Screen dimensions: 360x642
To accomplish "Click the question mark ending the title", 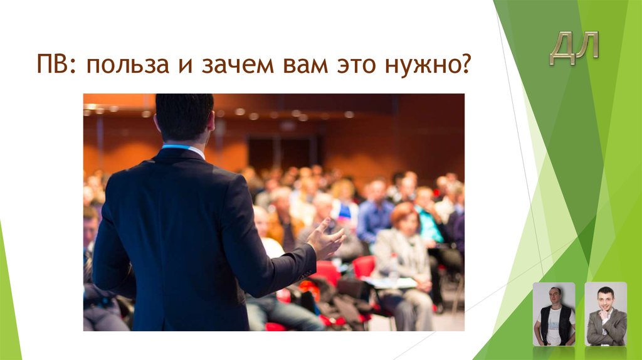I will coord(465,64).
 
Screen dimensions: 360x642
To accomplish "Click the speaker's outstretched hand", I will coord(327,239).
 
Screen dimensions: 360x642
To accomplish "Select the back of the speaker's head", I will coord(184,117).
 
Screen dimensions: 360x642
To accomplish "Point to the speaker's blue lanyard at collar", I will coord(178,147).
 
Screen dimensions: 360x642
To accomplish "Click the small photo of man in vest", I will coord(554,314).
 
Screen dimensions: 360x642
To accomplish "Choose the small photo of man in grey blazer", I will coord(606,314).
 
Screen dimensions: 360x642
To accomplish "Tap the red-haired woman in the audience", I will coord(403,245).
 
